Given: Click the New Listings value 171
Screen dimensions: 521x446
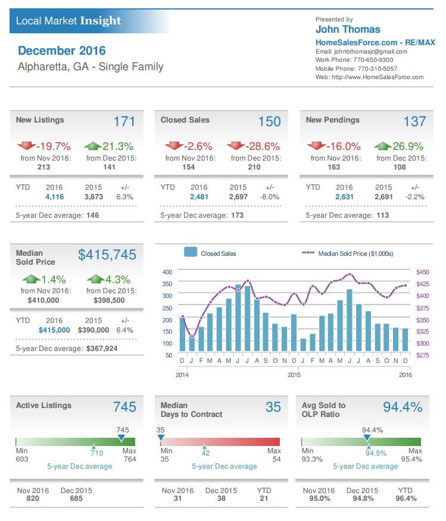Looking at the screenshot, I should (124, 121).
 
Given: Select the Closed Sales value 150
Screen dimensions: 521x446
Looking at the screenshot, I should (269, 121).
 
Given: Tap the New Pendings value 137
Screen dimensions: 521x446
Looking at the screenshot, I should (414, 121).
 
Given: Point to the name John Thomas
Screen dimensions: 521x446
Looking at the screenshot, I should (348, 29).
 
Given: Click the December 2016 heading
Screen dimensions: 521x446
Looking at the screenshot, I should (62, 51).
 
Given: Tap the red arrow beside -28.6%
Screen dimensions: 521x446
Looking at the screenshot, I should (235, 146).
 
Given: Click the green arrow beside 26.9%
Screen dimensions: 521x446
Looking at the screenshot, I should (382, 146).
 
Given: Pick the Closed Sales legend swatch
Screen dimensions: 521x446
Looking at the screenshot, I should (191, 253).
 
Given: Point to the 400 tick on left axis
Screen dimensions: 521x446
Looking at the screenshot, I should (167, 272).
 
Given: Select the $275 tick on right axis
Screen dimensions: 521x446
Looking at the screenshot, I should (422, 355).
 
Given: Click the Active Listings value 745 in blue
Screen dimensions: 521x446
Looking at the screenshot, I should (124, 407).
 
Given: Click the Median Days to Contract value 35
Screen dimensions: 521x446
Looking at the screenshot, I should (273, 407).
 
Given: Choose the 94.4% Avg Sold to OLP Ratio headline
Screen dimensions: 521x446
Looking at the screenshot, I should (402, 407).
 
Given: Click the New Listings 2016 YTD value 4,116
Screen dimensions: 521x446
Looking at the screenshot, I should (54, 196).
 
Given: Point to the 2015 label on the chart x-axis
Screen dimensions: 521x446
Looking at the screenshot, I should (294, 375).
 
